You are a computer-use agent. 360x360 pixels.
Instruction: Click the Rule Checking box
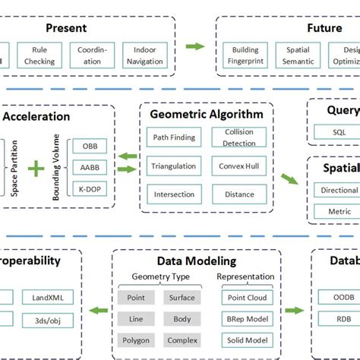tap(39, 57)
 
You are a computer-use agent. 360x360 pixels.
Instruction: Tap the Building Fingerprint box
tap(245, 57)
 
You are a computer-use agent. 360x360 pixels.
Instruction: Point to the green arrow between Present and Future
tap(195, 46)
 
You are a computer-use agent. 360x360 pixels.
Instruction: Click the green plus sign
tap(36, 166)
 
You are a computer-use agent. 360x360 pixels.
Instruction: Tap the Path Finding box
tap(174, 137)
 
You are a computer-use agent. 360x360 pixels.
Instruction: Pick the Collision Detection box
tap(239, 137)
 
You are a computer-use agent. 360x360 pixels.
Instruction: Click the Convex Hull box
tap(239, 166)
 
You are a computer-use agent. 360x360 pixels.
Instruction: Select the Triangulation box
tap(174, 166)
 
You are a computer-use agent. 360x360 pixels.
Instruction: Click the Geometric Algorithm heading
tap(207, 115)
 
